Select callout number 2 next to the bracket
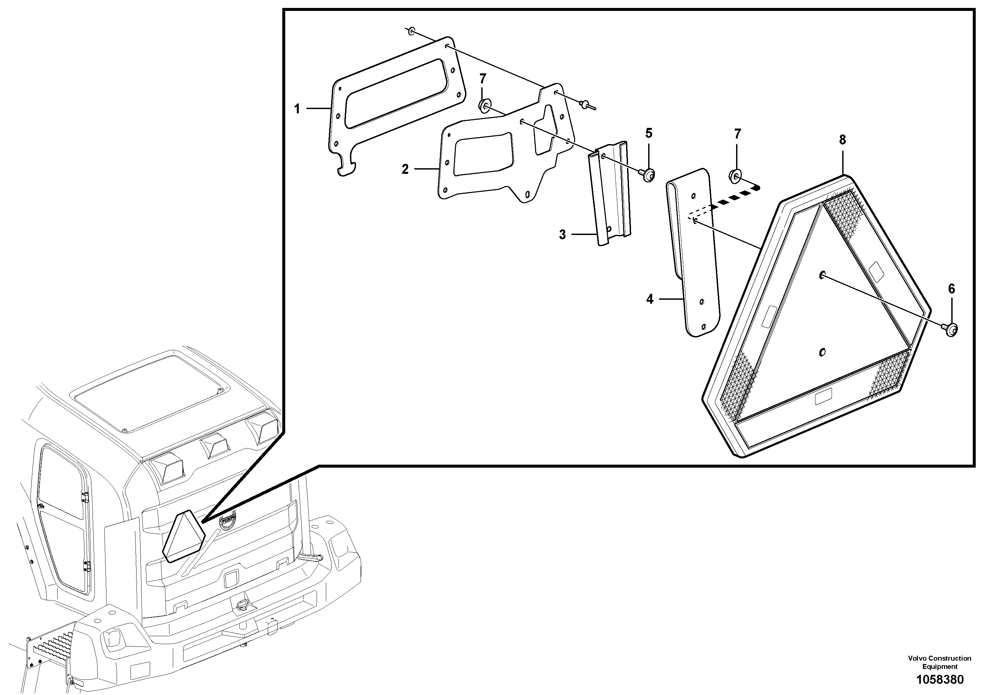click(x=405, y=169)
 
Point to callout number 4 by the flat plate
click(x=650, y=299)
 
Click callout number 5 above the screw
click(x=649, y=133)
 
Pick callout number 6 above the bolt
click(x=951, y=289)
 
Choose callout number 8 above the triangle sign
click(x=842, y=140)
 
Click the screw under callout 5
click(x=647, y=174)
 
